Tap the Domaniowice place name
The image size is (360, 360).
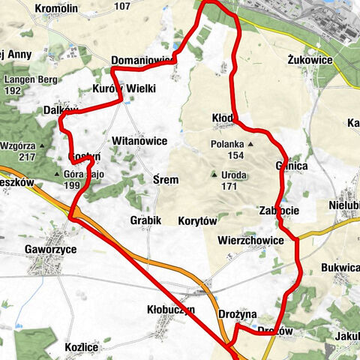coord(142,59)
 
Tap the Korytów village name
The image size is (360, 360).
coord(197,221)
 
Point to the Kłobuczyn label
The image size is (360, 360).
coord(171,309)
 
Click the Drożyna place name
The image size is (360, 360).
coord(238,313)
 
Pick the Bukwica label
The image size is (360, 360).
coord(341,266)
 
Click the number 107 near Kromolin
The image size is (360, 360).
coord(122,7)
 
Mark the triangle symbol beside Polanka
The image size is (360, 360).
coord(251,142)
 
